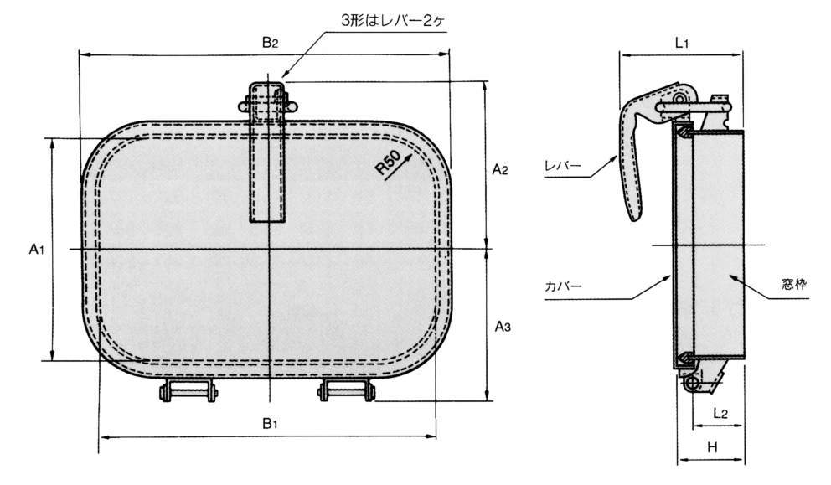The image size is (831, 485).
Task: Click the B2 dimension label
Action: (x=269, y=44)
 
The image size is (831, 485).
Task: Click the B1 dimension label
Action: (x=269, y=424)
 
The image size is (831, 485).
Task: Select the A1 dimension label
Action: (x=36, y=249)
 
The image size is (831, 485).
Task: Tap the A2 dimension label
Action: (x=500, y=170)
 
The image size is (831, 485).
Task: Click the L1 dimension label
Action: (x=681, y=44)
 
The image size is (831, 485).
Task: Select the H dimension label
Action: (x=712, y=448)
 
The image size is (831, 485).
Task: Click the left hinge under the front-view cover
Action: (x=190, y=390)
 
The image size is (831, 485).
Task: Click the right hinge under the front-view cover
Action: (x=343, y=390)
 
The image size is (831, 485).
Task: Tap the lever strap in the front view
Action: (x=269, y=159)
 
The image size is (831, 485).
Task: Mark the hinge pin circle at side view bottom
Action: (x=693, y=383)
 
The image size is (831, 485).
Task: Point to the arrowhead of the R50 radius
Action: (x=410, y=155)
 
